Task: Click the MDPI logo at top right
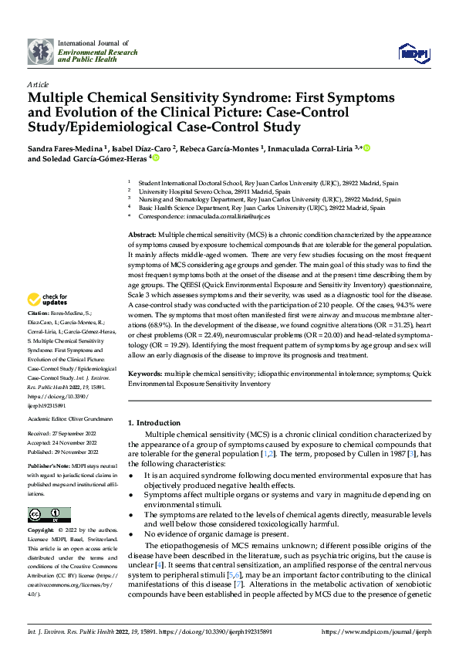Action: (x=413, y=52)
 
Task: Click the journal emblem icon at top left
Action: (x=40, y=52)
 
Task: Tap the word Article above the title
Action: (x=38, y=84)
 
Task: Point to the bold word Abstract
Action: (x=141, y=233)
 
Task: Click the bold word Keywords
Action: (x=144, y=373)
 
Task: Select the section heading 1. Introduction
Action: (x=154, y=423)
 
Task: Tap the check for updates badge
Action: (x=49, y=299)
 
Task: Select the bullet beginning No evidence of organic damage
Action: (x=217, y=533)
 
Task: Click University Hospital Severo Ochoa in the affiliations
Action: (x=214, y=191)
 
